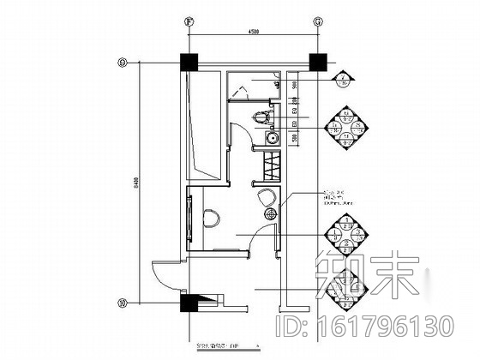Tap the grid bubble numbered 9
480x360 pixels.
[x=123, y=62]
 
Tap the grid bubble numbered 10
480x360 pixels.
[x=123, y=301]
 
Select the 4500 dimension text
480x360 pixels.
[x=253, y=31]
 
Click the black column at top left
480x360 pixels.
[x=189, y=63]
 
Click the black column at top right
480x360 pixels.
[x=317, y=63]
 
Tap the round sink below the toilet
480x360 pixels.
[x=273, y=136]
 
